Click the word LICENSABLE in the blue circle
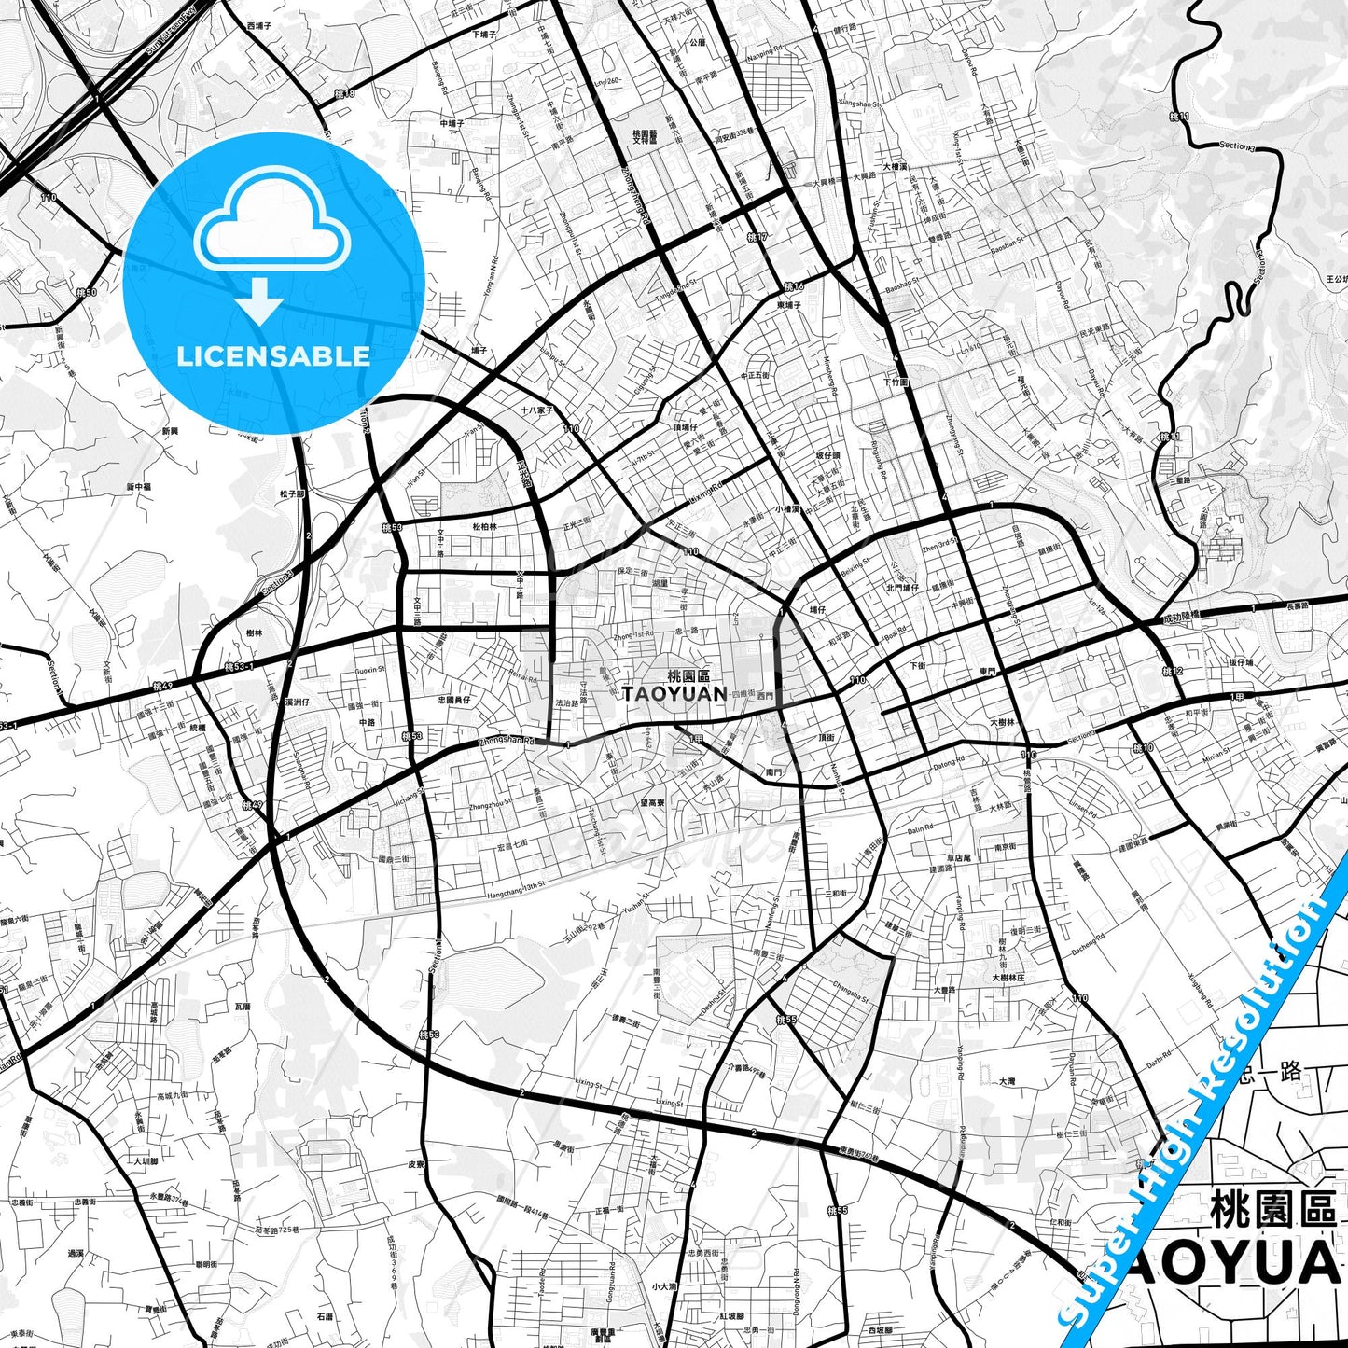point(273,356)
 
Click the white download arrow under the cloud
point(260,300)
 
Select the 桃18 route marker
point(344,93)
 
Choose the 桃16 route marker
point(794,286)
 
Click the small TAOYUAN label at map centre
point(674,694)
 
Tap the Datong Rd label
point(948,763)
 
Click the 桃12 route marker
point(1172,672)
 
